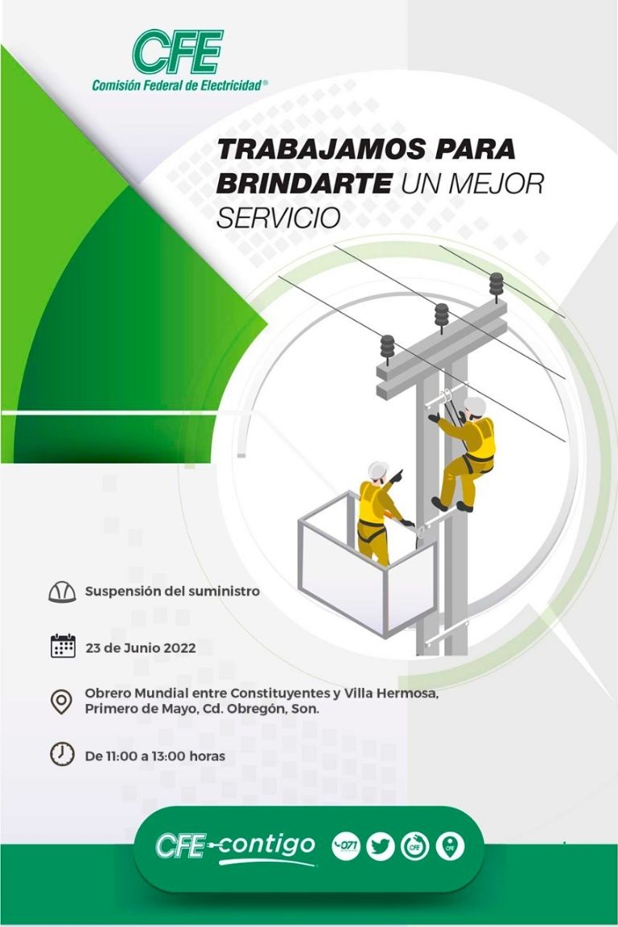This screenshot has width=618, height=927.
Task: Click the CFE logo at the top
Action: click(x=178, y=51)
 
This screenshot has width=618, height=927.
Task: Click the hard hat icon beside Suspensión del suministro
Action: click(x=62, y=592)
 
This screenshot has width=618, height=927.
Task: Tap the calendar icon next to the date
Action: click(x=62, y=646)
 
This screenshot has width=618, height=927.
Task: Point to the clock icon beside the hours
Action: click(x=62, y=754)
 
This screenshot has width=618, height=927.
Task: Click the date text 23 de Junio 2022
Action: click(x=140, y=648)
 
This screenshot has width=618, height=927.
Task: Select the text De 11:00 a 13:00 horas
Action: click(x=154, y=756)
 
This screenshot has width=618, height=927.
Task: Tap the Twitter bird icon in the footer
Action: click(x=381, y=847)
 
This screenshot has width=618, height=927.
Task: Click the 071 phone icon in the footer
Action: click(x=346, y=847)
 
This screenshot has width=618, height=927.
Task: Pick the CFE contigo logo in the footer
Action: click(x=235, y=847)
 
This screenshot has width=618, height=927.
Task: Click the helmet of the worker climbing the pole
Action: click(x=475, y=406)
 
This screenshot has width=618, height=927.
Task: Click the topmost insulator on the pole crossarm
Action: click(x=496, y=284)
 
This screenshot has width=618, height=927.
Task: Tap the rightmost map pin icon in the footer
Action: click(x=450, y=847)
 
